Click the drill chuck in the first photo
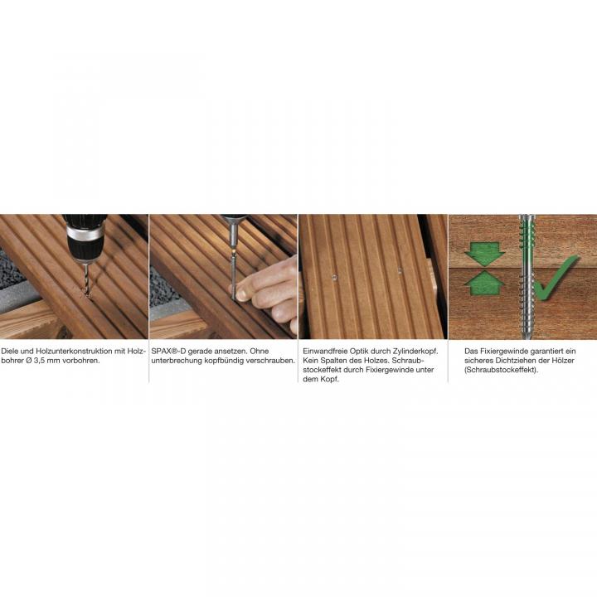(x=85, y=239)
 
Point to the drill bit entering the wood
(x=87, y=279)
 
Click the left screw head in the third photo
(x=334, y=277)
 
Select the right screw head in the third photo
(x=400, y=271)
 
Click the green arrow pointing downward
(x=484, y=254)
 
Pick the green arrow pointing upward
(x=484, y=283)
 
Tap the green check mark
(x=555, y=277)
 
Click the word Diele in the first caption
(x=9, y=351)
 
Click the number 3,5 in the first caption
(x=41, y=361)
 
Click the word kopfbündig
(x=218, y=361)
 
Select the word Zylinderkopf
(x=415, y=352)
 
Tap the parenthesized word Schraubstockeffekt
(x=501, y=370)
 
